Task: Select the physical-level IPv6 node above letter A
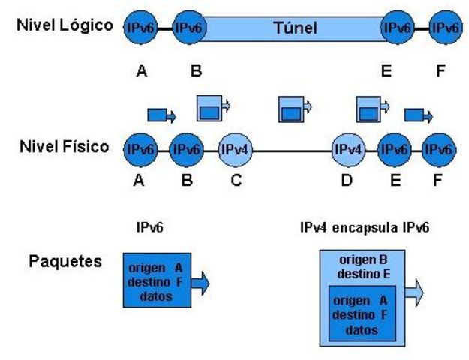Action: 140,150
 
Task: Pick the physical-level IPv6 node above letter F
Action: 440,150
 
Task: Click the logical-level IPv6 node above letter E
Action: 398,28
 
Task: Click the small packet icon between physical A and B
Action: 161,115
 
